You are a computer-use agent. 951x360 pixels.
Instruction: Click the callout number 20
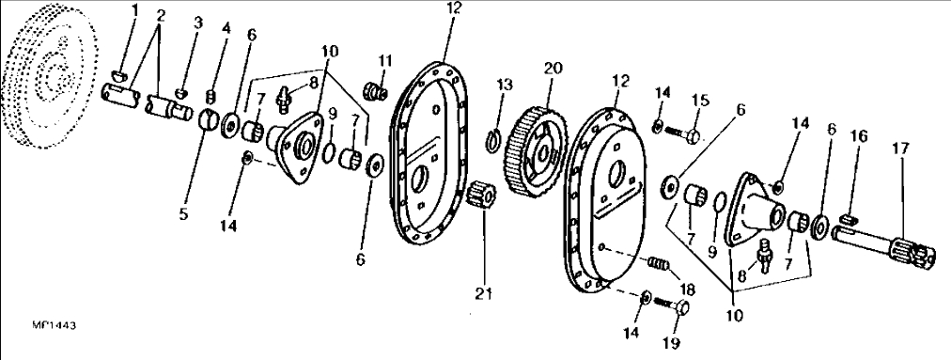point(553,69)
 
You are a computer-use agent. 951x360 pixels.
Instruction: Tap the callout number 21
point(483,295)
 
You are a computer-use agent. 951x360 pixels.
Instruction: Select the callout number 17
point(900,149)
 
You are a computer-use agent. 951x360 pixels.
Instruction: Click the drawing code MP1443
point(55,326)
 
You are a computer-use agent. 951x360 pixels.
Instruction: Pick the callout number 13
point(506,85)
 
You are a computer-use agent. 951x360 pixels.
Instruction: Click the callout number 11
point(384,61)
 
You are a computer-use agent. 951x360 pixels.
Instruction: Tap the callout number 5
point(184,214)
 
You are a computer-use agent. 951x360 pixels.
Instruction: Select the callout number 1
point(134,11)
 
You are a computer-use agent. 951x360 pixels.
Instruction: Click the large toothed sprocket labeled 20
point(537,150)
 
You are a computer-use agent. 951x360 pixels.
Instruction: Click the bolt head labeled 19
point(682,308)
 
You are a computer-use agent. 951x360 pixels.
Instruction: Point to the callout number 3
point(198,23)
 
